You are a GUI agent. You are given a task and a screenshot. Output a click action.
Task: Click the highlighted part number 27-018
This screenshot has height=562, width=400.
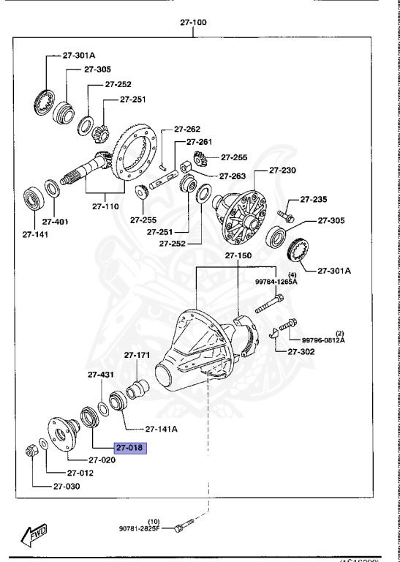(x=129, y=448)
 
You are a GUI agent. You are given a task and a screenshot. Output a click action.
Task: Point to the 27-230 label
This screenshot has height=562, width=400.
(x=282, y=170)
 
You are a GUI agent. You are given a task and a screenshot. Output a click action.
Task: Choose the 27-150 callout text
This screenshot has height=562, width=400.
(x=238, y=256)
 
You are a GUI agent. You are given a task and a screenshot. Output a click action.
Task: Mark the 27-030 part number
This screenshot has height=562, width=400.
(x=68, y=486)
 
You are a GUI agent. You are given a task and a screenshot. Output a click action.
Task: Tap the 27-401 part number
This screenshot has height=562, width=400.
(x=55, y=221)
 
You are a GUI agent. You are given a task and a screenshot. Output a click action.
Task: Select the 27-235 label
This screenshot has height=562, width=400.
(x=312, y=198)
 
